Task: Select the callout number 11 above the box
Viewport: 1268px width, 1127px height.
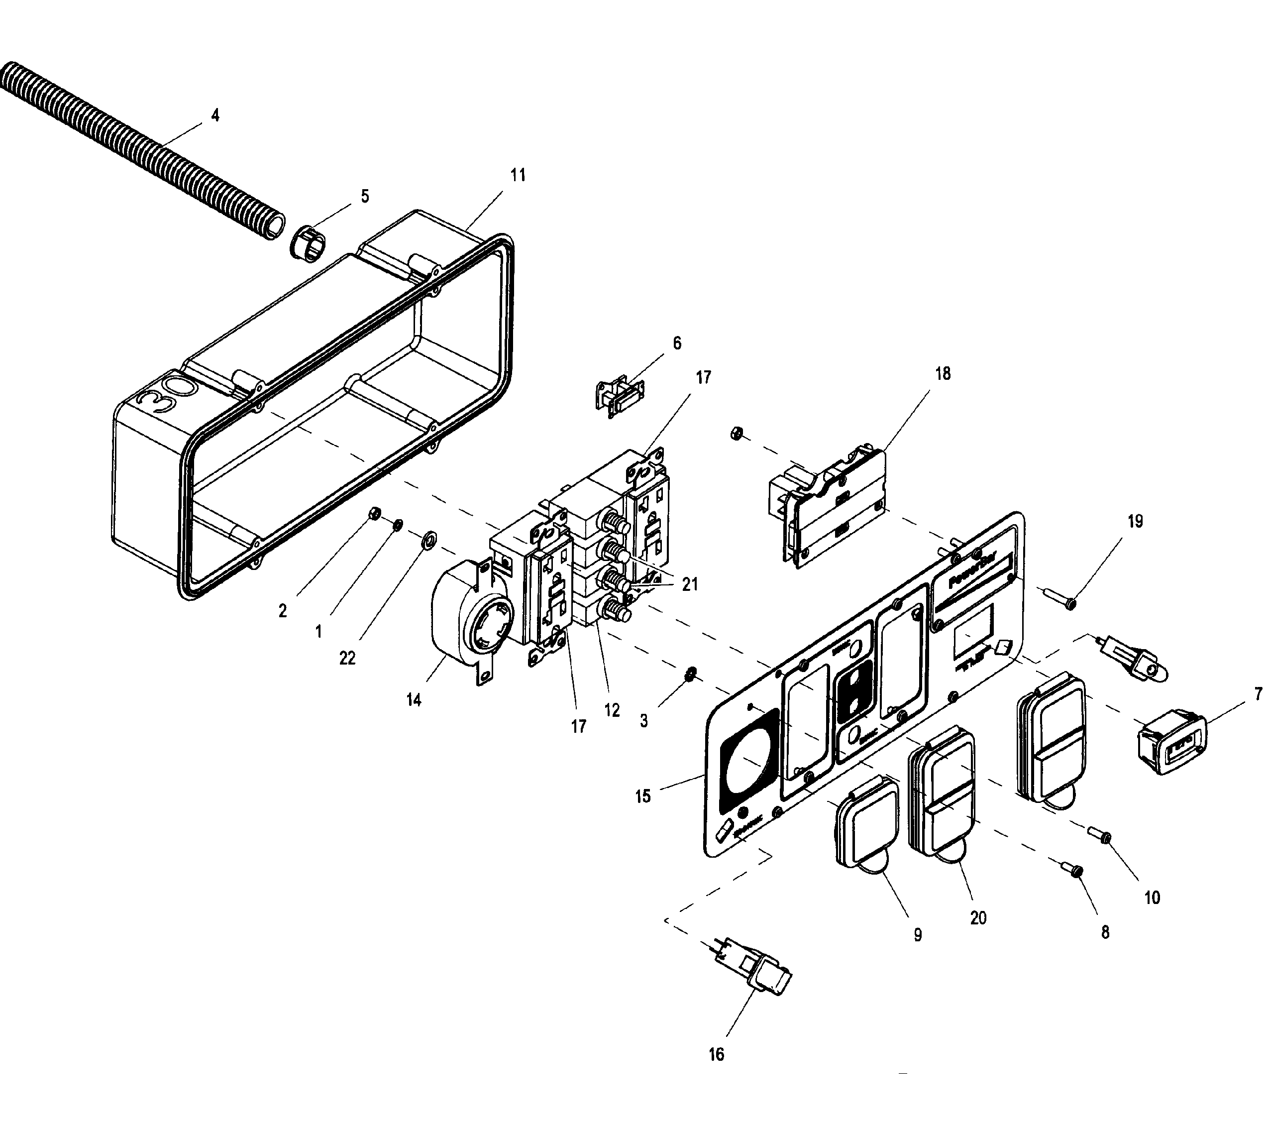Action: [x=518, y=176]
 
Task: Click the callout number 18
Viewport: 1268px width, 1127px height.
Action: [x=943, y=374]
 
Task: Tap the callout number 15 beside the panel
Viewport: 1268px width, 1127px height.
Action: [x=642, y=796]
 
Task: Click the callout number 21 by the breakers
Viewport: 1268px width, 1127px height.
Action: [x=690, y=584]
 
